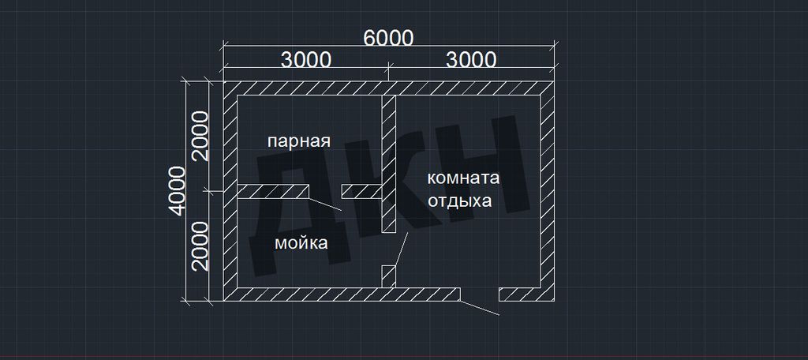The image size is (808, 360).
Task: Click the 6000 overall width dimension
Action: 388,38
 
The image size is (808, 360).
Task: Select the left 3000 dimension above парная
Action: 305,60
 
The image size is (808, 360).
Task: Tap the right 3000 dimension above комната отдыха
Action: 471,60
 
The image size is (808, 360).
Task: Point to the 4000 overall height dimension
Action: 176,190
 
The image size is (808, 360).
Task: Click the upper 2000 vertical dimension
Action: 200,136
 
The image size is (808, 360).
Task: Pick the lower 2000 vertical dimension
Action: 200,246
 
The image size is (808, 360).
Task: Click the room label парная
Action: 298,141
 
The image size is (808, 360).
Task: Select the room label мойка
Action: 301,243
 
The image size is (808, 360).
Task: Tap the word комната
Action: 463,178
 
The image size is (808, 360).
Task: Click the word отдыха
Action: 460,201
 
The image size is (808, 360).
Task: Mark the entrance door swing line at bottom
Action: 479,307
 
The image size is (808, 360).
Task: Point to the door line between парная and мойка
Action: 325,204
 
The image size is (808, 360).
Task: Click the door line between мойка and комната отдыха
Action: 401,249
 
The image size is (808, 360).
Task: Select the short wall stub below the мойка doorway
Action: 388,276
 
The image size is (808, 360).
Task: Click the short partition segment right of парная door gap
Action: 361,191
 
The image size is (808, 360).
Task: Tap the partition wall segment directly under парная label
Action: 272,191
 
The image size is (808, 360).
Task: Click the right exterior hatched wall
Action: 547,191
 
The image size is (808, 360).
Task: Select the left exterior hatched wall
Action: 230,191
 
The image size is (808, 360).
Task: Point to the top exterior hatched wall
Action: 388,88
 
